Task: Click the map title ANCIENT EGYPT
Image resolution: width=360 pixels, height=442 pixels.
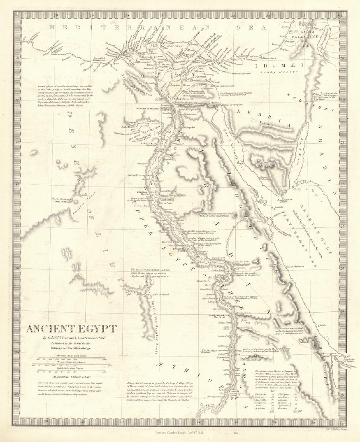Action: coord(71,329)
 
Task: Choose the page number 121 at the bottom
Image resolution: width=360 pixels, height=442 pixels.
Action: coord(236,433)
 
